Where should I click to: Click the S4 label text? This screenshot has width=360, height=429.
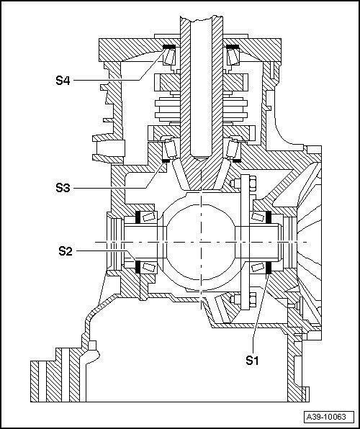[63, 81]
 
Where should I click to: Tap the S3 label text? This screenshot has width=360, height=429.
[63, 188]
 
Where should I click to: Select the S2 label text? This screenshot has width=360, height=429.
[66, 251]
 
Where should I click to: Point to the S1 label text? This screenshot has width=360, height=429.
[252, 361]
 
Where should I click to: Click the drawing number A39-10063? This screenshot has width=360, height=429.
[326, 417]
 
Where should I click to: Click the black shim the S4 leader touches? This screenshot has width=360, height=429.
[169, 47]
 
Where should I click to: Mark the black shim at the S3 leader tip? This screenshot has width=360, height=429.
[166, 161]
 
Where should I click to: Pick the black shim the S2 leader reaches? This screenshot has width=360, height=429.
[138, 267]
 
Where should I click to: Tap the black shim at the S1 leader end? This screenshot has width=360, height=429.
[269, 267]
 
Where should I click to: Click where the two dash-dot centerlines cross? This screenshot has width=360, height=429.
[201, 242]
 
